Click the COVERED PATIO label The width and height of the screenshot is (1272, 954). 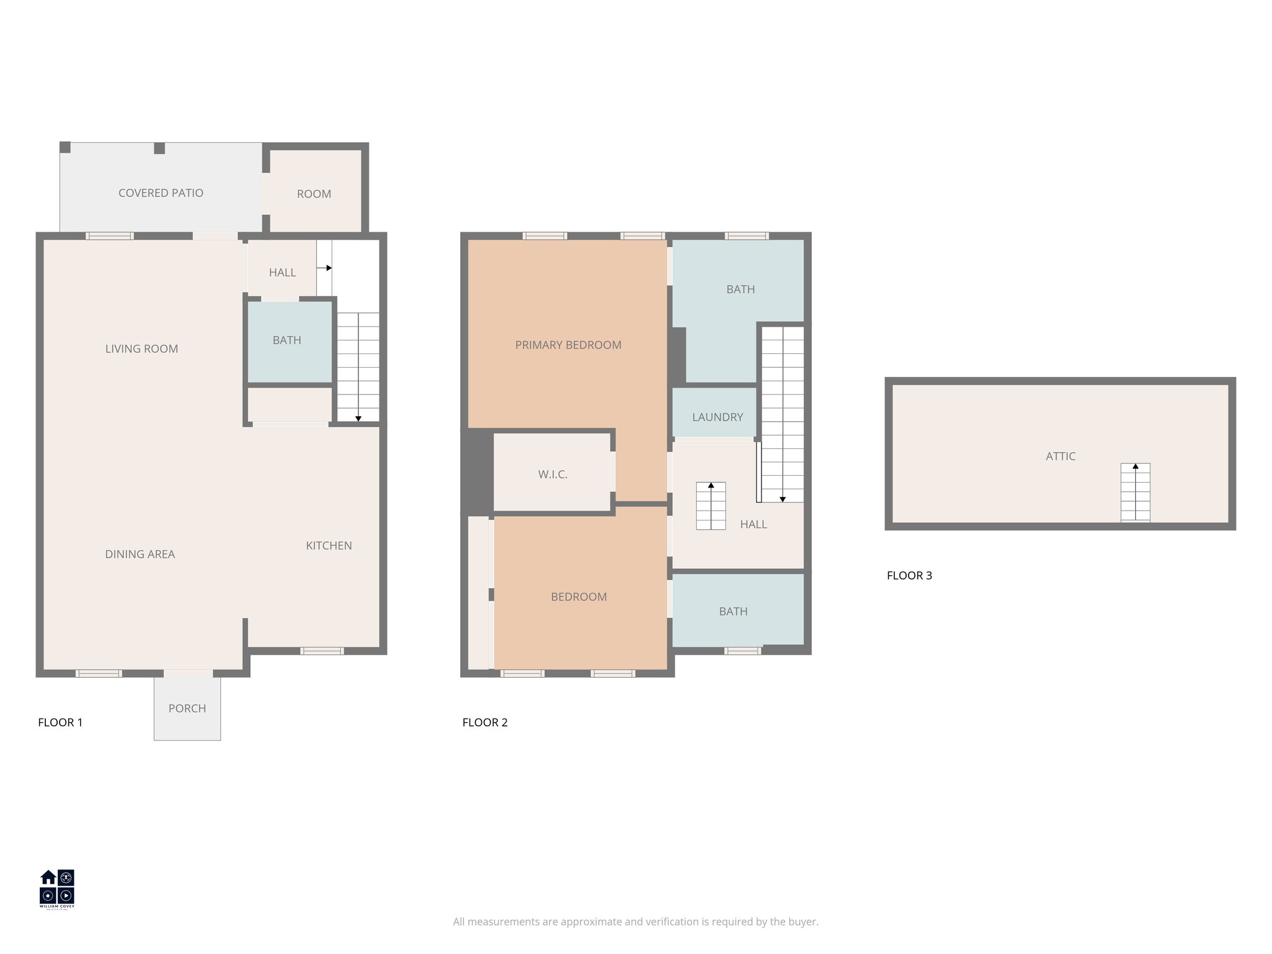point(161,193)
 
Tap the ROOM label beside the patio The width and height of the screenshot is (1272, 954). point(314,194)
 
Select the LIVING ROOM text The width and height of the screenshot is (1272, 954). point(142,349)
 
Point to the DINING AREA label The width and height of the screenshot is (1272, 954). point(140,555)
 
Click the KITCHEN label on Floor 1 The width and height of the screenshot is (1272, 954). point(329,546)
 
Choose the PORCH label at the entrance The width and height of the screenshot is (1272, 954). point(187,709)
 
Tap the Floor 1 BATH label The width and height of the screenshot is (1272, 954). point(286,340)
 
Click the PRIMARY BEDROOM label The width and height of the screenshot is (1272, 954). point(568,345)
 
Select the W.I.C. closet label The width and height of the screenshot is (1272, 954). point(552,475)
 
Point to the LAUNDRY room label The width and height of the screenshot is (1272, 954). point(717,417)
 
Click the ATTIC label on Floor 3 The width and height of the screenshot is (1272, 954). point(1060,457)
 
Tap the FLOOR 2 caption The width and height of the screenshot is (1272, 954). point(484,722)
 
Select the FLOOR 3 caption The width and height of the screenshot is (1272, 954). point(909,576)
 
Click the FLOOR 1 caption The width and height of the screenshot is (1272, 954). point(60,722)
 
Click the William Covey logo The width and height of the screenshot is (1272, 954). point(57,889)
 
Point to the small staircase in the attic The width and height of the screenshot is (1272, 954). point(1135,493)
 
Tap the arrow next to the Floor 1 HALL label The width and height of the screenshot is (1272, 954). point(325,268)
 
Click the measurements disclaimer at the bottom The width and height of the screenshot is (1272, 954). point(635,922)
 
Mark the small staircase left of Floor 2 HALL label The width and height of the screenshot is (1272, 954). point(711,506)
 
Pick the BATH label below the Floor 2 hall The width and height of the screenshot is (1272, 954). point(733,612)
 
